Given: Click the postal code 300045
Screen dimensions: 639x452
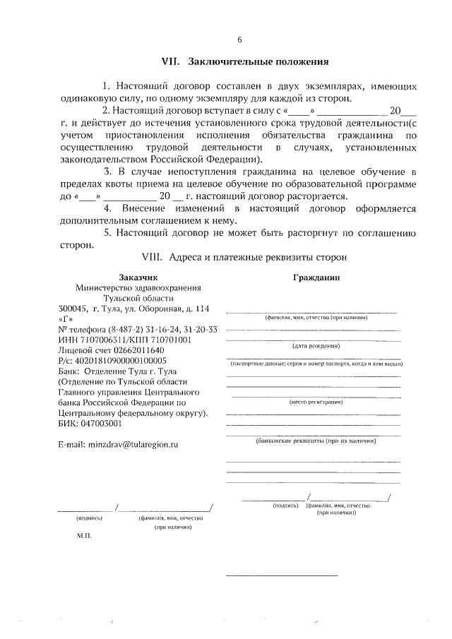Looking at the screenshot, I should pos(73,309).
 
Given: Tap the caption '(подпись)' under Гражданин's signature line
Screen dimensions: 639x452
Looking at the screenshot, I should pos(286,506).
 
